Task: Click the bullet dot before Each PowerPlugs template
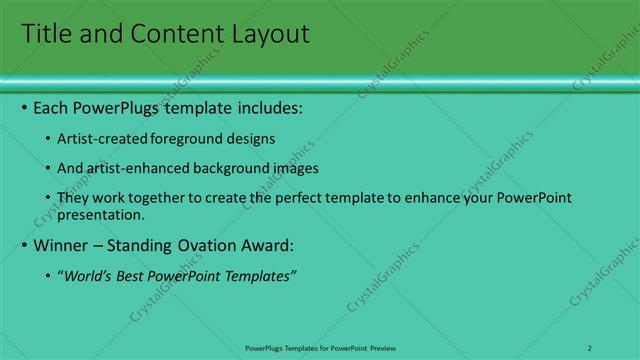click(x=24, y=108)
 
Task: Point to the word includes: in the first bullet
click(x=268, y=108)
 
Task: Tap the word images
click(x=292, y=168)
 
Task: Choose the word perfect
click(x=289, y=198)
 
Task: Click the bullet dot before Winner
click(x=24, y=245)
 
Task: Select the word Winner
click(x=62, y=245)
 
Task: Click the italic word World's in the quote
click(x=88, y=275)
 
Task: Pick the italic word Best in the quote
click(x=130, y=275)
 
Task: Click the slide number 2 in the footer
click(x=590, y=347)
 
